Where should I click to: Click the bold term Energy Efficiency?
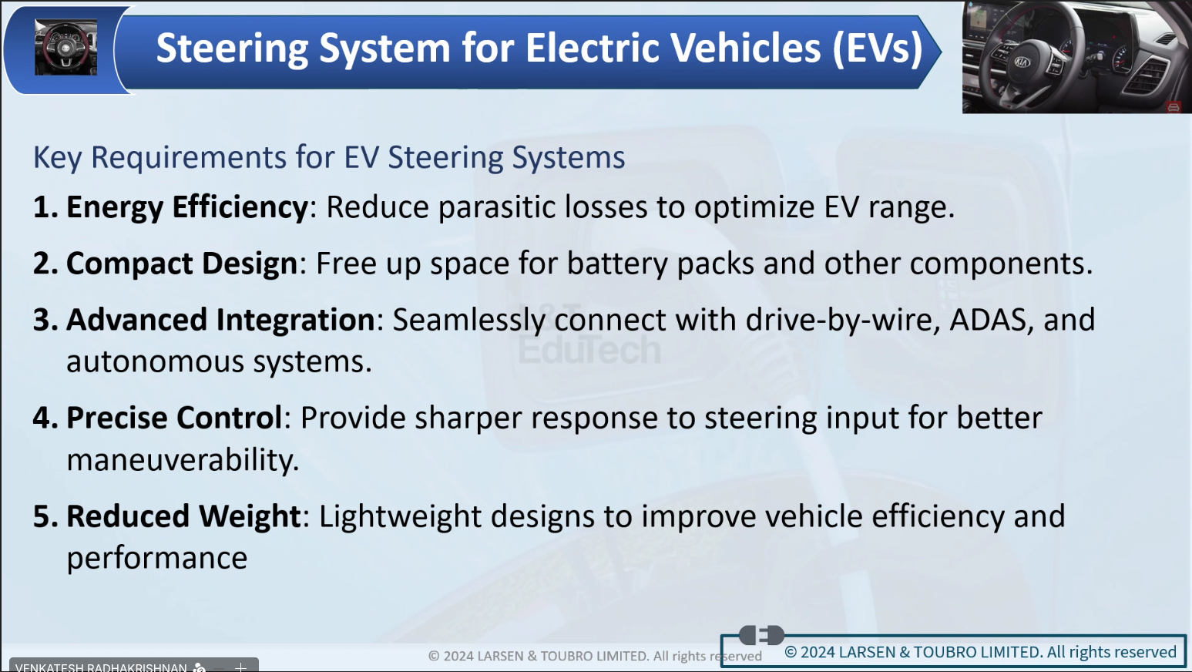tap(186, 207)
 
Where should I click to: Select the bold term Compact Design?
tap(182, 264)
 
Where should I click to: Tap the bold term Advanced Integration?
tap(220, 320)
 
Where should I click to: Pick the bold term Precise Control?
tap(174, 418)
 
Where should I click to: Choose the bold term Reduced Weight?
tap(183, 516)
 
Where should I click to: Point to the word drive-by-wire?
tap(843, 320)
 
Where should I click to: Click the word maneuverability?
tap(183, 460)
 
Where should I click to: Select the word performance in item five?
tap(157, 559)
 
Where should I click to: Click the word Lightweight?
tap(400, 516)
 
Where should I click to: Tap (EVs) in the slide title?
tap(878, 49)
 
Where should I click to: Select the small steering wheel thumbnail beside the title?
tap(66, 47)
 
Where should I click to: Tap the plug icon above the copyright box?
tap(761, 635)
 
